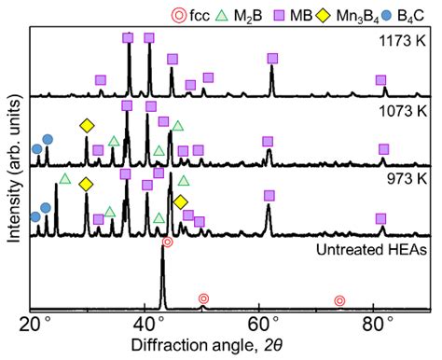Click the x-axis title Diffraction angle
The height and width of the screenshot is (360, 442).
(x=231, y=347)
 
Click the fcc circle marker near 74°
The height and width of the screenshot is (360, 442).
(x=339, y=300)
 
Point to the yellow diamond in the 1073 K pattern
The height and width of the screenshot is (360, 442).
(x=87, y=126)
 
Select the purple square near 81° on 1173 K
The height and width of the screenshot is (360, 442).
(x=380, y=80)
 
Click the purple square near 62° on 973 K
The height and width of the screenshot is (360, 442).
(x=269, y=195)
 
